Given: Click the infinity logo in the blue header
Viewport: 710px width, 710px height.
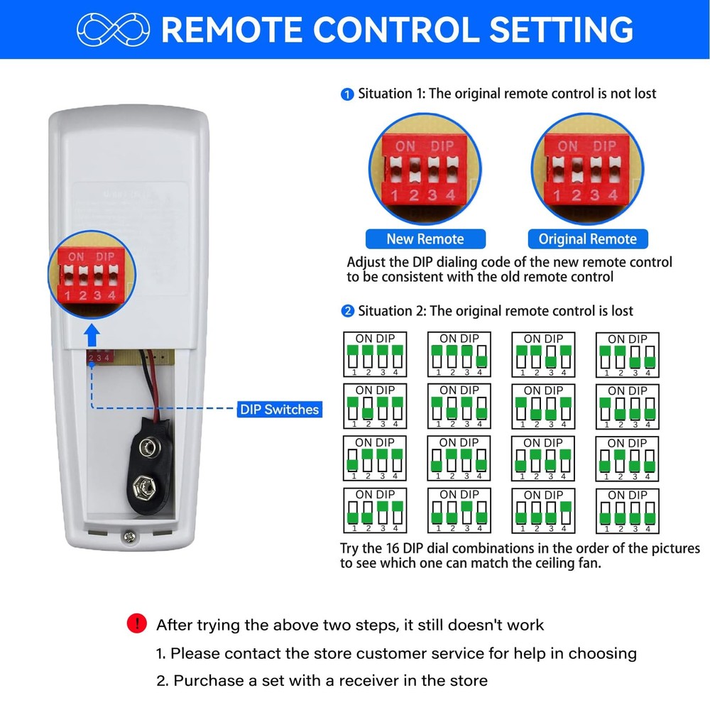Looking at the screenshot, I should tap(113, 29).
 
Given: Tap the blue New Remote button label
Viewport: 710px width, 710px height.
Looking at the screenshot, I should tap(425, 239).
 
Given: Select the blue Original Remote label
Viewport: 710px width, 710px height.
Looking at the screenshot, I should tap(587, 239).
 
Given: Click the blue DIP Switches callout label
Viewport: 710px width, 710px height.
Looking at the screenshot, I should tap(279, 409).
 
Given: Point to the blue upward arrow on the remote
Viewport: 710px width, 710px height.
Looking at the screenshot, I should tap(90, 334).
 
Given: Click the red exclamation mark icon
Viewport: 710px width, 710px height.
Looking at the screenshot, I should tap(136, 624).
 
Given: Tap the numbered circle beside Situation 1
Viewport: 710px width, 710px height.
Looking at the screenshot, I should tap(347, 94).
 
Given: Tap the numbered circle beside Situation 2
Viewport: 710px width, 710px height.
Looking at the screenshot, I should tap(347, 311).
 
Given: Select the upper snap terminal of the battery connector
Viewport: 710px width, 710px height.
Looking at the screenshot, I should tap(148, 447).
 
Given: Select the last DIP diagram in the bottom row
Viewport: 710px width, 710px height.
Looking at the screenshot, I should tap(627, 510).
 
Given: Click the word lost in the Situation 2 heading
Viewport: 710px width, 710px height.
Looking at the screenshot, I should tap(618, 311).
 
